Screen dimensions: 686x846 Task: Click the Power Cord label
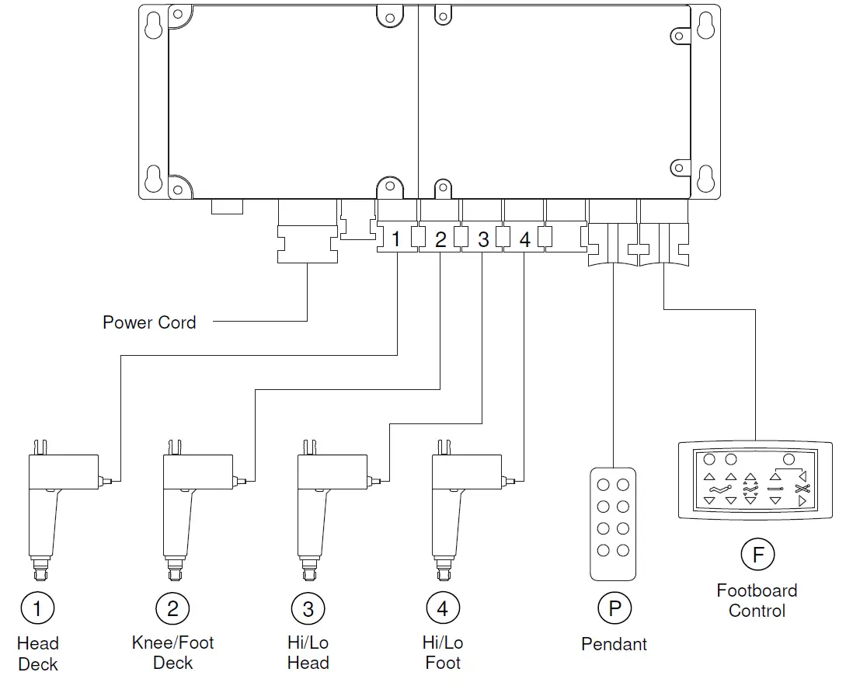(149, 322)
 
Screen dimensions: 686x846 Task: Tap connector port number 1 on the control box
(396, 239)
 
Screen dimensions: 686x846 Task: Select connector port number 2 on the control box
(440, 239)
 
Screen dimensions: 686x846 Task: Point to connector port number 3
(482, 239)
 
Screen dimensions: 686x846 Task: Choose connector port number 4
(524, 239)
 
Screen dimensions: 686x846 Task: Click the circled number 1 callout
(37, 608)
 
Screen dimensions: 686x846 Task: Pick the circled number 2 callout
(172, 608)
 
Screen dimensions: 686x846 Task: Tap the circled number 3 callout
(308, 608)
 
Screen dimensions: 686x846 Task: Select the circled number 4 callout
(443, 608)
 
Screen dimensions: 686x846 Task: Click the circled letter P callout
(614, 608)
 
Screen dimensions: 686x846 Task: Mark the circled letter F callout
(757, 555)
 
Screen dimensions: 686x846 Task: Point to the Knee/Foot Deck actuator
(190, 505)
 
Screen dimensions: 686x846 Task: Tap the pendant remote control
(613, 523)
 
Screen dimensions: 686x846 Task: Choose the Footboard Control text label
(757, 601)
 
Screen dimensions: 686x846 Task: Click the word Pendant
(614, 644)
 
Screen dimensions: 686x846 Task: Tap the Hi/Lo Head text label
(308, 653)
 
